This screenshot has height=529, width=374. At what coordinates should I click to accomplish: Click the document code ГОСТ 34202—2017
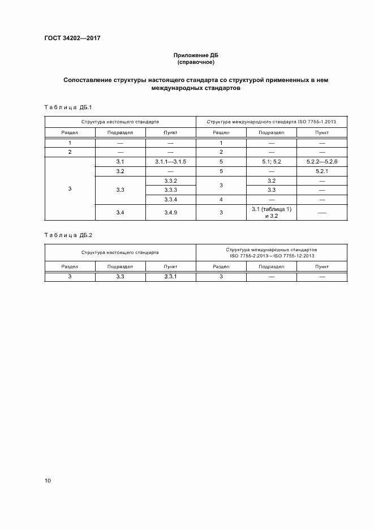(x=68, y=38)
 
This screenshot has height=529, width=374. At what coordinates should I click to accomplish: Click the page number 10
(x=48, y=481)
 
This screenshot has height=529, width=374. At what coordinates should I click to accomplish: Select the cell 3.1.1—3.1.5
(x=170, y=162)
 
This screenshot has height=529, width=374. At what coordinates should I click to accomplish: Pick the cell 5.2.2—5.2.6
(x=322, y=162)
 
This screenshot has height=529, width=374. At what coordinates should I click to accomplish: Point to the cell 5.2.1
(x=322, y=171)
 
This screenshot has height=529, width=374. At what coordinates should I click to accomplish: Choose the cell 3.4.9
(x=170, y=212)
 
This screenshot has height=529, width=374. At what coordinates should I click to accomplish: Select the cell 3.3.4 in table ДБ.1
(x=170, y=200)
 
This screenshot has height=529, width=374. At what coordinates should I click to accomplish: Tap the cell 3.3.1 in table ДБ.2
(x=170, y=276)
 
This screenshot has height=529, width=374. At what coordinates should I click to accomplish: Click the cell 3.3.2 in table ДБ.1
(x=170, y=180)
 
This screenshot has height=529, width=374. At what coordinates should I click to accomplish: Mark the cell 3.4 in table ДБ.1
(x=120, y=212)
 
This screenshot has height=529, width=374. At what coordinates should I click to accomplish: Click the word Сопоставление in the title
(x=90, y=80)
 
